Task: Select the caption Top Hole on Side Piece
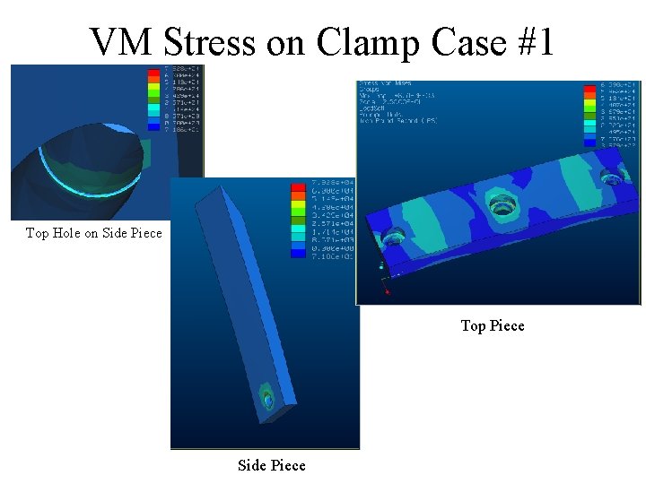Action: coord(94,233)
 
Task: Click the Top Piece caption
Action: coord(493,325)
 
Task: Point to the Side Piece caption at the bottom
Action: coord(271,465)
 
